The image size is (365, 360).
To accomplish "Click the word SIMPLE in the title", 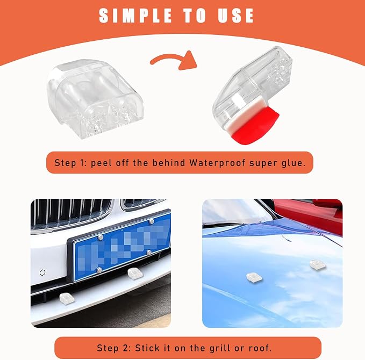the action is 135,16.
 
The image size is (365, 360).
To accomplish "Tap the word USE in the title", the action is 235,16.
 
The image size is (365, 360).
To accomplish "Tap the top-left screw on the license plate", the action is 101,237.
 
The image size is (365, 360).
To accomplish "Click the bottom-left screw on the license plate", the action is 99,270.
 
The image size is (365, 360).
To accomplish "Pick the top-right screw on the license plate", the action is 152,221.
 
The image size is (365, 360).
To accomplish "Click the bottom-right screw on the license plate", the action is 149,252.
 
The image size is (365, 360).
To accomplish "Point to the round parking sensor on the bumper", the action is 42,272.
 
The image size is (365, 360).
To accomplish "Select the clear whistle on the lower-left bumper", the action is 67,299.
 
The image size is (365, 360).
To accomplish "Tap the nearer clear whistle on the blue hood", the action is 254,277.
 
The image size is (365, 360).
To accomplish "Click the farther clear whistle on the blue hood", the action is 318,265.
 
